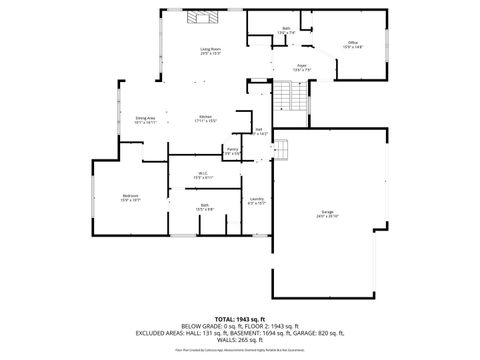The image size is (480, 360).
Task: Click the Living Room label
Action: point(210,49)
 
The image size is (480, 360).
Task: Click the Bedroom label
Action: point(130,196)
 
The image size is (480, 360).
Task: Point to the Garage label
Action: point(327,213)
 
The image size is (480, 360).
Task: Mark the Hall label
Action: point(259,130)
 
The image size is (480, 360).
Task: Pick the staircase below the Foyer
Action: point(289,98)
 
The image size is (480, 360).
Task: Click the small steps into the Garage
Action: point(281,149)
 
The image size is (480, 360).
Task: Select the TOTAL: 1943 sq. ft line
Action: point(239,317)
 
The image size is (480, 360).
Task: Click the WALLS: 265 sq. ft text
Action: point(240,339)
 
